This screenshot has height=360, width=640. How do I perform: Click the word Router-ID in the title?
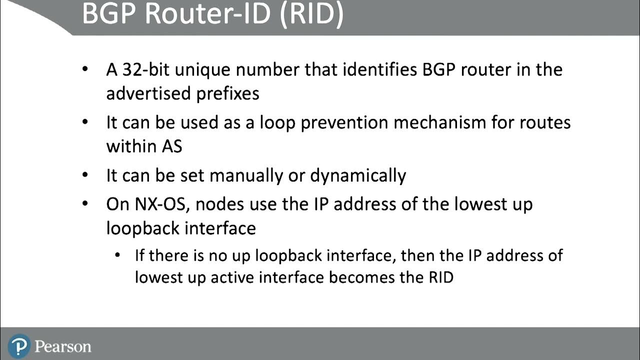pos(209,14)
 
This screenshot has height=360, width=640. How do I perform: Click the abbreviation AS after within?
pos(171,146)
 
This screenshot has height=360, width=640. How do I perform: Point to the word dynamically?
pos(358,175)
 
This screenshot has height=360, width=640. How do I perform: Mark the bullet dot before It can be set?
pos(86,175)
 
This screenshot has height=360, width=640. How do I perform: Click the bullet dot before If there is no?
pos(117,256)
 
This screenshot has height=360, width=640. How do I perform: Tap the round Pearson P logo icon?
pos(19,345)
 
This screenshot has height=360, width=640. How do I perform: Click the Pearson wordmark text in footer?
pos(63,346)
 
